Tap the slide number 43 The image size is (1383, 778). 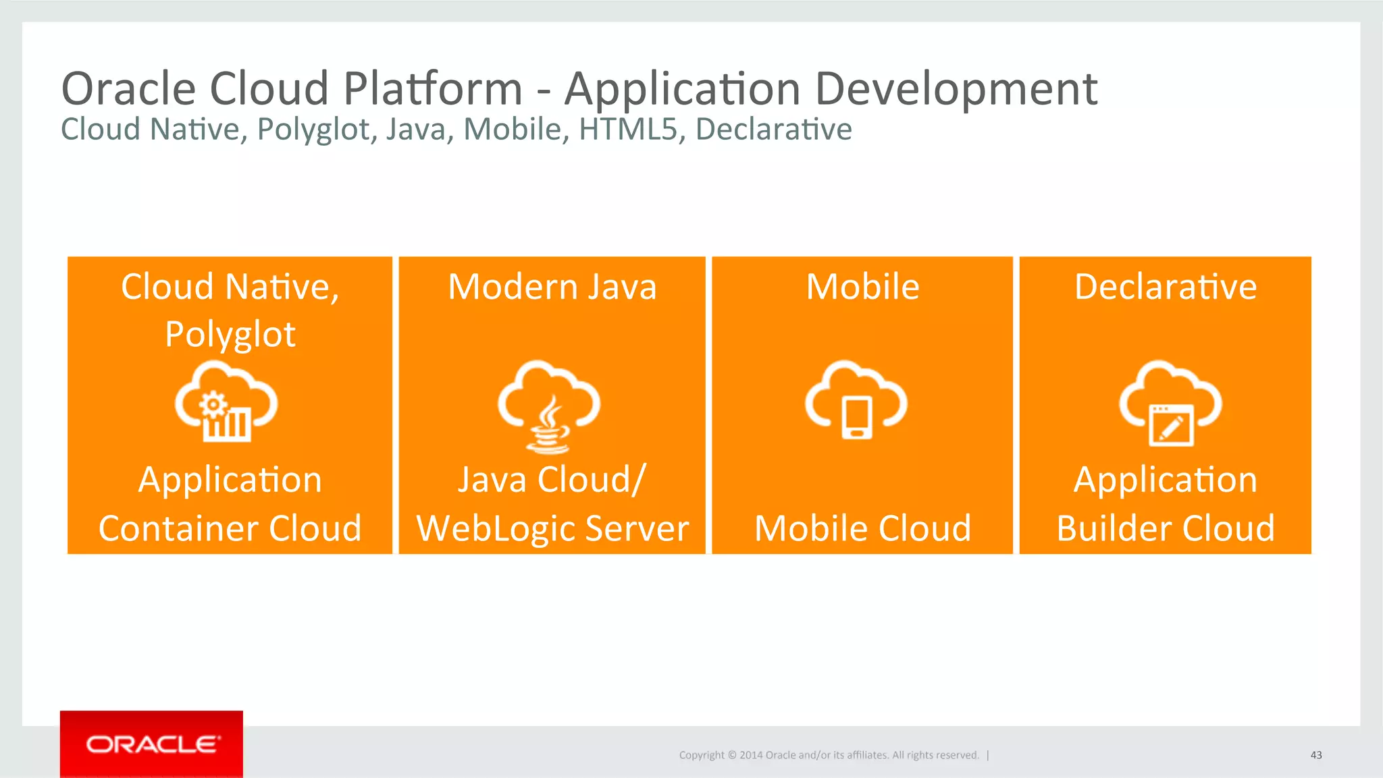pyautogui.click(x=1315, y=755)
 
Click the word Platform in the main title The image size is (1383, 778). pyautogui.click(x=433, y=89)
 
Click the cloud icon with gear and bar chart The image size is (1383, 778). pyautogui.click(x=226, y=403)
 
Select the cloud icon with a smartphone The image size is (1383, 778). pyautogui.click(x=856, y=401)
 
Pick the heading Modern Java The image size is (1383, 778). pyautogui.click(x=552, y=287)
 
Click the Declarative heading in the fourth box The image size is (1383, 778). pyautogui.click(x=1166, y=287)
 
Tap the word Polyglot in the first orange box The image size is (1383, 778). pyautogui.click(x=230, y=335)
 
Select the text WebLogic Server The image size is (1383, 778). pyautogui.click(x=552, y=528)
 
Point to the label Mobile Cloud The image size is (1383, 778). pyautogui.click(x=862, y=528)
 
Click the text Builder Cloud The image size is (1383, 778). pyautogui.click(x=1166, y=528)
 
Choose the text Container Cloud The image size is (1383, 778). pyautogui.click(x=230, y=528)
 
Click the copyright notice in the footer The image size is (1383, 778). pyautogui.click(x=829, y=755)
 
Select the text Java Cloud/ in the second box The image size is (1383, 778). pyautogui.click(x=552, y=480)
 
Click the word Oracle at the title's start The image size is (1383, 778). pyautogui.click(x=128, y=89)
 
